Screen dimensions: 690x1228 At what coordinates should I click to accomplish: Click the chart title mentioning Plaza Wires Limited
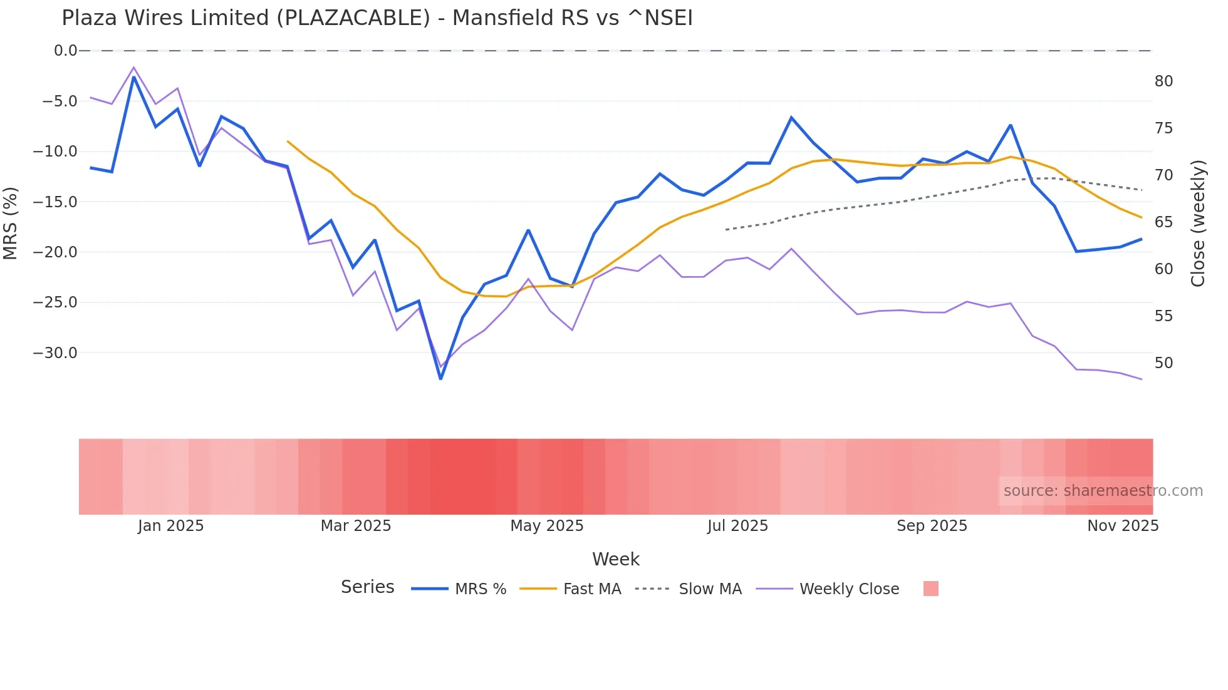(377, 18)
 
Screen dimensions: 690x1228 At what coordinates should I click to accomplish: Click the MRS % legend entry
(480, 589)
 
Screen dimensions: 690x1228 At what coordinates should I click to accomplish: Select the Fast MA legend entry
(591, 589)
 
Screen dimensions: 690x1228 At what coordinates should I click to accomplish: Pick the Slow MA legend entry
(710, 589)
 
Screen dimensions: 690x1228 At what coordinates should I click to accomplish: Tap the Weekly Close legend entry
(849, 589)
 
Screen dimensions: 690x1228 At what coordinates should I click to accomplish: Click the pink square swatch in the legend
(930, 589)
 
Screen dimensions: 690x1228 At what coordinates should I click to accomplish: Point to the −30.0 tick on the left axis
(55, 353)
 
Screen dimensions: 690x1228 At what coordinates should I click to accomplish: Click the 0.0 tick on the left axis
(65, 51)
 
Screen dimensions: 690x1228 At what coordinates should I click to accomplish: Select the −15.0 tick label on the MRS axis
(55, 202)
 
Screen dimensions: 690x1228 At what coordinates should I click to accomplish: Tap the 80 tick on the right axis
(1163, 81)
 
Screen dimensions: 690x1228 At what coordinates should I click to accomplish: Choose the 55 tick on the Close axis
(1163, 316)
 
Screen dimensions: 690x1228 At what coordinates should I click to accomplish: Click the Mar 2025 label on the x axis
(355, 526)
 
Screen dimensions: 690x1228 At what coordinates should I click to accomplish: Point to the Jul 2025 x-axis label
(737, 526)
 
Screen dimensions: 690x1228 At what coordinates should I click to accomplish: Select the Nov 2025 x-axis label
(1122, 526)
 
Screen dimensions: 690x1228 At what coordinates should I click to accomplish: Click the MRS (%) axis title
(11, 223)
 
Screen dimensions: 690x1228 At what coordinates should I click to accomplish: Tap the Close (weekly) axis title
(1198, 224)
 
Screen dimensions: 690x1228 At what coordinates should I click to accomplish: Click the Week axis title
(615, 559)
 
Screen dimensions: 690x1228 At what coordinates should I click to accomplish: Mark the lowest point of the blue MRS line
(440, 379)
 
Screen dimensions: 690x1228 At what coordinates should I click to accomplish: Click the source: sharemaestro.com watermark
(1103, 491)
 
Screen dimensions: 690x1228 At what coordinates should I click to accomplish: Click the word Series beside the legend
(367, 587)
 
